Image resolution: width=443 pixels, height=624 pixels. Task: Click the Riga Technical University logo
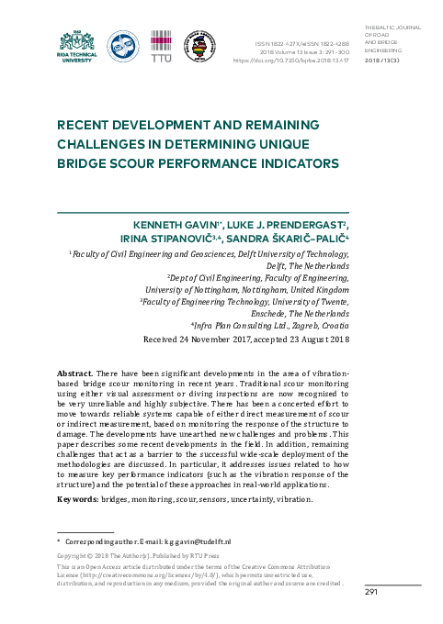(76, 43)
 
